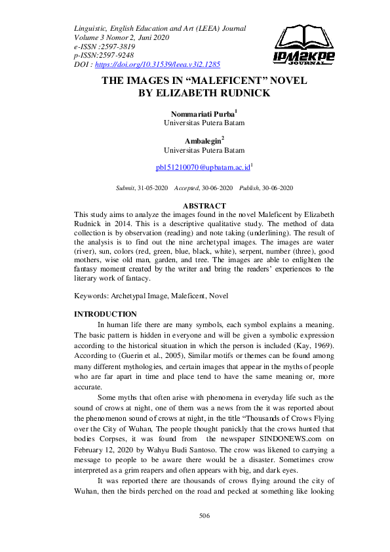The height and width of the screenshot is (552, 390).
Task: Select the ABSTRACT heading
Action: point(204,206)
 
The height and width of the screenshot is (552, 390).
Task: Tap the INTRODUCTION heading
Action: point(106,314)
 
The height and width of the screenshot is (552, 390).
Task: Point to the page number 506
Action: point(204,516)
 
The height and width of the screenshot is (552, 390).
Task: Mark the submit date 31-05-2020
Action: point(151,187)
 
